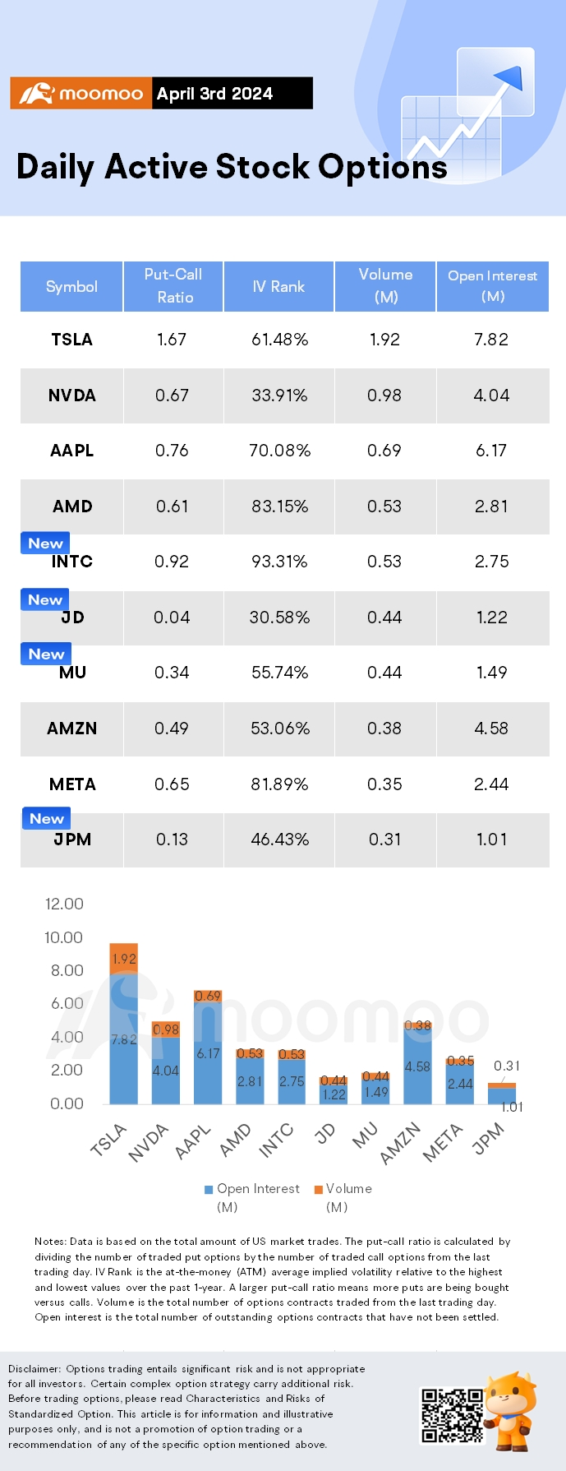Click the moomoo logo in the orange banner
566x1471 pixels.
click(x=81, y=94)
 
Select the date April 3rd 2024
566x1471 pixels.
click(x=214, y=94)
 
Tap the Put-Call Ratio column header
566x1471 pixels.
click(x=173, y=285)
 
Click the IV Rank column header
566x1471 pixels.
click(x=278, y=286)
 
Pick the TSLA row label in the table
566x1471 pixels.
click(x=71, y=340)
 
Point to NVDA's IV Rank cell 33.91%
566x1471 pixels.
click(x=279, y=396)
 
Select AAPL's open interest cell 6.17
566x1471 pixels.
click(x=491, y=451)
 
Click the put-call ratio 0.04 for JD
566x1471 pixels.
click(x=172, y=618)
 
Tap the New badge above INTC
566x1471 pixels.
click(x=45, y=544)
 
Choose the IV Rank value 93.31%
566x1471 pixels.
click(x=279, y=562)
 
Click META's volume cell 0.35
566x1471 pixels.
click(x=384, y=784)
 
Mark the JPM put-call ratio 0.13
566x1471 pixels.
click(x=172, y=840)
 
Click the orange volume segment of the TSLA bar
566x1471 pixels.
click(x=123, y=959)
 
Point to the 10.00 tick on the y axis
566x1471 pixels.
click(x=63, y=937)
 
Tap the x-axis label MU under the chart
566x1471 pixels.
click(x=365, y=1135)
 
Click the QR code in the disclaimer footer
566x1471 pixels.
click(x=452, y=1415)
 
